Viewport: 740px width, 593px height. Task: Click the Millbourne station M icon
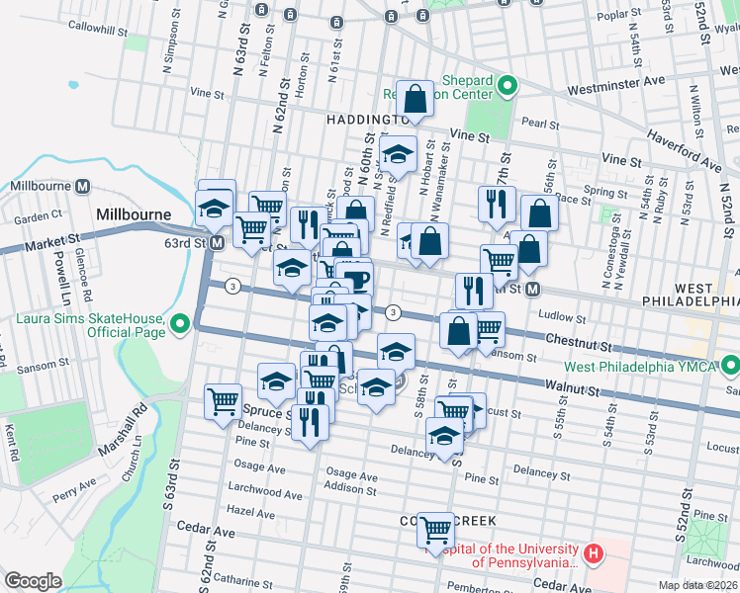(x=83, y=186)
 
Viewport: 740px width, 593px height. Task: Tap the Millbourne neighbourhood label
(x=134, y=213)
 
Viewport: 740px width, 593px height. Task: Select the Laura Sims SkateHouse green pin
(x=181, y=323)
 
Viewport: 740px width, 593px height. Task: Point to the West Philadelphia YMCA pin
(x=730, y=367)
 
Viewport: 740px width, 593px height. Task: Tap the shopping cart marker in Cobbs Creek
(x=435, y=530)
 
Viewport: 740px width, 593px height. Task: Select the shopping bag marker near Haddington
(x=416, y=98)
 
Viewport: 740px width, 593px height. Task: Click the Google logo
(x=33, y=581)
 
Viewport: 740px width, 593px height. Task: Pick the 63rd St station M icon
(x=216, y=242)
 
